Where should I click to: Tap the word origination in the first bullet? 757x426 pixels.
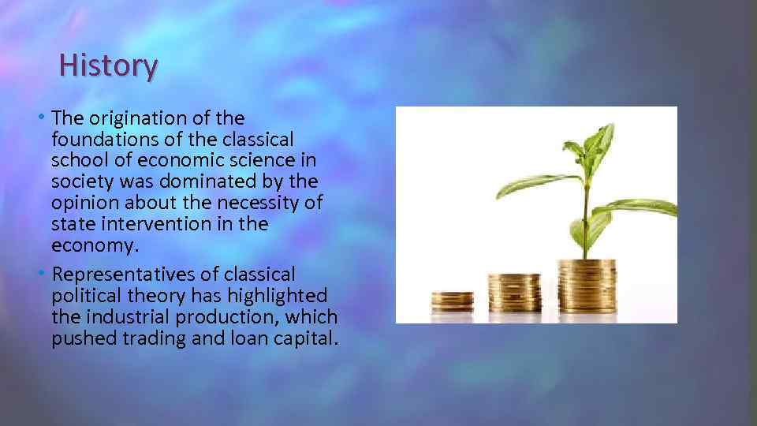click(x=128, y=118)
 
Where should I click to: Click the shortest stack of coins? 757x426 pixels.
click(x=452, y=301)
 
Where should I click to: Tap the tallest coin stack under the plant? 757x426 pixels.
click(x=587, y=286)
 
